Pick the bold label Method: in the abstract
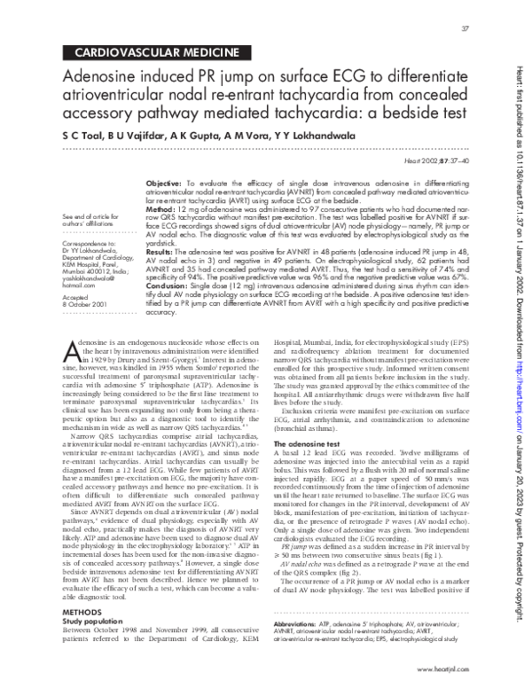(x=160, y=207)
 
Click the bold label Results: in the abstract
(x=161, y=253)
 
